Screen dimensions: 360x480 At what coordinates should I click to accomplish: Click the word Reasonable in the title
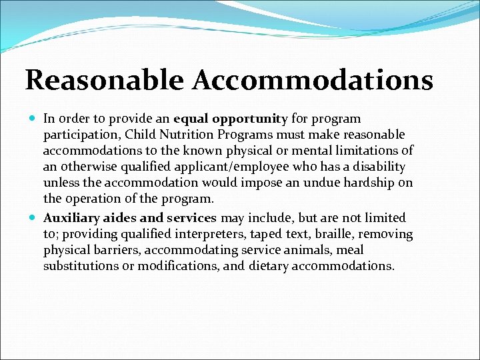tap(104, 81)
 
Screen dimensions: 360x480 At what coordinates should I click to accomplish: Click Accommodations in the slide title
tap(314, 81)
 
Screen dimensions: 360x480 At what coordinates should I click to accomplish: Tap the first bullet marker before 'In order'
tap(33, 119)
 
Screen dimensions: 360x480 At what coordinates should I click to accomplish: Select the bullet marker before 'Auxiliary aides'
tap(33, 218)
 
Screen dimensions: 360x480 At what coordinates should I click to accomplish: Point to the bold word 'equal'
tap(191, 119)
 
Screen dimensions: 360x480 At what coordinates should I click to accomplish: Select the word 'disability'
tap(380, 167)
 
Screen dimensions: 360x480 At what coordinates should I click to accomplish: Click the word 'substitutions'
tap(80, 266)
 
